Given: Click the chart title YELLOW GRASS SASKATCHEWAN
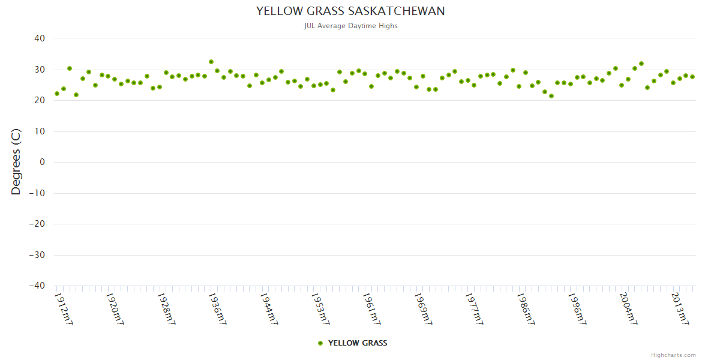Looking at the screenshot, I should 350,11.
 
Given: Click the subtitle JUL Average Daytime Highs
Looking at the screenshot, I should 350,26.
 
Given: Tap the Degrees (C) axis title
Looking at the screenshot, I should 16,161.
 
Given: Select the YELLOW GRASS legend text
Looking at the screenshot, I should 358,343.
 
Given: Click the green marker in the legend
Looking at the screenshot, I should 320,343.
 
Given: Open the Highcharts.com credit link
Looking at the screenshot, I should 673,355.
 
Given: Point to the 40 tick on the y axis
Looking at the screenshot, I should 40,38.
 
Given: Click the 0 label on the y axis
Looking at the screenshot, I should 43,162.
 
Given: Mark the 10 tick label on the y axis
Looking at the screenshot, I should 40,131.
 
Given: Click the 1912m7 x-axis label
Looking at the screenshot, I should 64,308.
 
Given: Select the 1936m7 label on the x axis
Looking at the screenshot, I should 217,308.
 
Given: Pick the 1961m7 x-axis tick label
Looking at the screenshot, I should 371,308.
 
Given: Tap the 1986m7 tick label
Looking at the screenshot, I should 525,308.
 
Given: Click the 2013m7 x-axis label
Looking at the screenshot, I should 679,308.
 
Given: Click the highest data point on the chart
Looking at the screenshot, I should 211,62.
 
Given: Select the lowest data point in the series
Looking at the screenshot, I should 551,96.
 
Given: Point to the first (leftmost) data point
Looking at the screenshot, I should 57,94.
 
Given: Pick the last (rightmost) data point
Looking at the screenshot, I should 692,77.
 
